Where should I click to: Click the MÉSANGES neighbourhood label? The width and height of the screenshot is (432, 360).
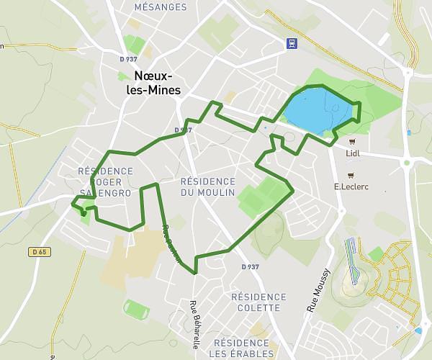click(x=161, y=7)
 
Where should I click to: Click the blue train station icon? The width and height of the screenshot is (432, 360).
click(x=291, y=43)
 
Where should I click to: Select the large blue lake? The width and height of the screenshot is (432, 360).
click(x=317, y=110)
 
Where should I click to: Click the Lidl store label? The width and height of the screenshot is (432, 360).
click(x=353, y=153)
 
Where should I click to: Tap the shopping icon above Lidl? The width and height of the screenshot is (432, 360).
click(x=352, y=141)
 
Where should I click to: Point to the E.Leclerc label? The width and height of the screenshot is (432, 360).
click(x=351, y=186)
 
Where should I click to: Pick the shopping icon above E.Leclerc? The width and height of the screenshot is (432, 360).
click(x=351, y=174)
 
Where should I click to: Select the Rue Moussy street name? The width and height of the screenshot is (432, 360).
click(x=318, y=289)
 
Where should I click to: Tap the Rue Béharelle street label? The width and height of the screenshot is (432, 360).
click(x=194, y=324)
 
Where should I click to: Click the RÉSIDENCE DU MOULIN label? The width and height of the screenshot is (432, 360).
click(x=208, y=186)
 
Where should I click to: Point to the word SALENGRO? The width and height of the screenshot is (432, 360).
click(x=109, y=193)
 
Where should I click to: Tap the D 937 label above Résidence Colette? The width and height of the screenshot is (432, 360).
click(x=250, y=267)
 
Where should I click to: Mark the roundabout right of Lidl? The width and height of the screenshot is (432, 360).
click(x=407, y=163)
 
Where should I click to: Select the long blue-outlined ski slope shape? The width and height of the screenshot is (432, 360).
click(x=352, y=259)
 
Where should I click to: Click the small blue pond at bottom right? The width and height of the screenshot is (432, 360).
click(x=418, y=330)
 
